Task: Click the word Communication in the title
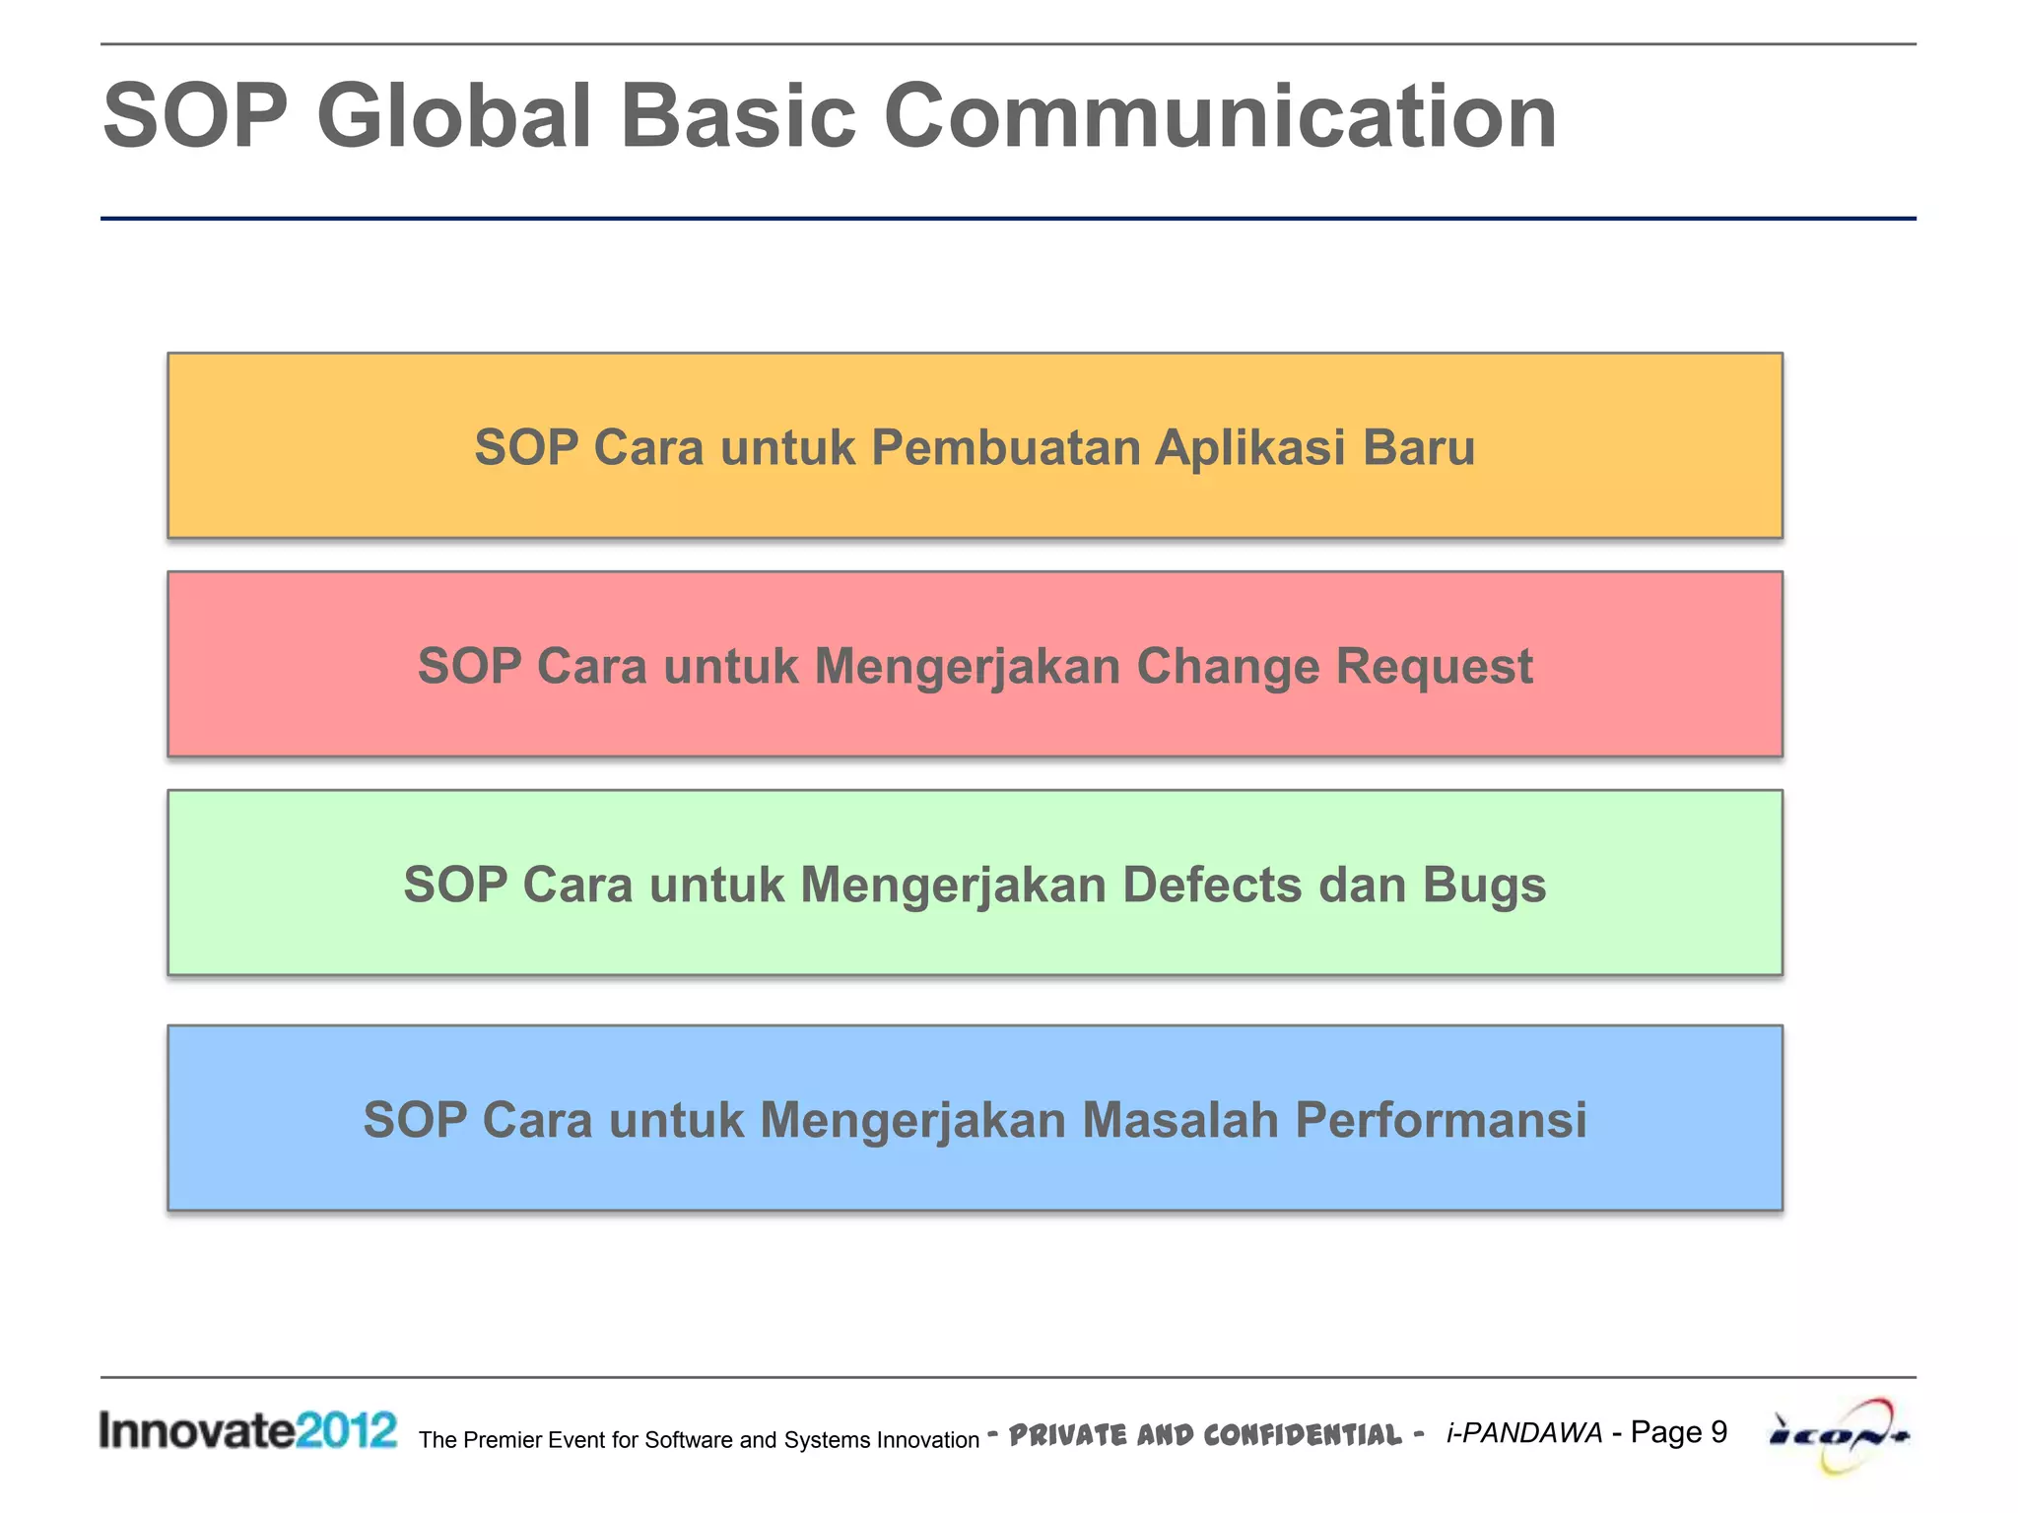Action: pyautogui.click(x=1220, y=117)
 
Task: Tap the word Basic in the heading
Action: pyautogui.click(x=737, y=117)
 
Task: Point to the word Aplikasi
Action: pyautogui.click(x=1249, y=448)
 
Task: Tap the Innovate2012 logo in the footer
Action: pyautogui.click(x=247, y=1430)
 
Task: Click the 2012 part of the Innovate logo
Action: pyautogui.click(x=346, y=1430)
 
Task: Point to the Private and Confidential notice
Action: pyautogui.click(x=1204, y=1434)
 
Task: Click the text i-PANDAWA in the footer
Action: pyautogui.click(x=1523, y=1433)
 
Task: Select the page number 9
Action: pyautogui.click(x=1718, y=1431)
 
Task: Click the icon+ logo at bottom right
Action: pyautogui.click(x=1839, y=1435)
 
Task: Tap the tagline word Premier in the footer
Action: pyautogui.click(x=502, y=1440)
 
